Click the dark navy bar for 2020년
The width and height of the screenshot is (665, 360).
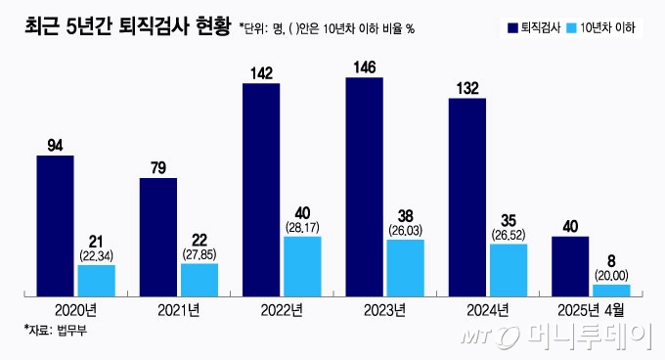[x=55, y=225]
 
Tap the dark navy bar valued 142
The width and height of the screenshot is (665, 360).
[x=261, y=189]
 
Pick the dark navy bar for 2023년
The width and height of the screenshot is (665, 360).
[x=364, y=186]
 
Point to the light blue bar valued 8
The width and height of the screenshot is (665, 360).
[x=611, y=290]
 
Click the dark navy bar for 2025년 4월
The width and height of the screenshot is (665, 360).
[x=570, y=265]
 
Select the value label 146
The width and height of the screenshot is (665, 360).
[x=364, y=67]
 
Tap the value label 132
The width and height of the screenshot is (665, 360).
[x=466, y=88]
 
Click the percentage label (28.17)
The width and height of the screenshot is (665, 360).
[x=302, y=228]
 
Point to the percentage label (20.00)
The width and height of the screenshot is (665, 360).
[x=611, y=276]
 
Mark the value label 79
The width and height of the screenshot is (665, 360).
[x=158, y=168]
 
